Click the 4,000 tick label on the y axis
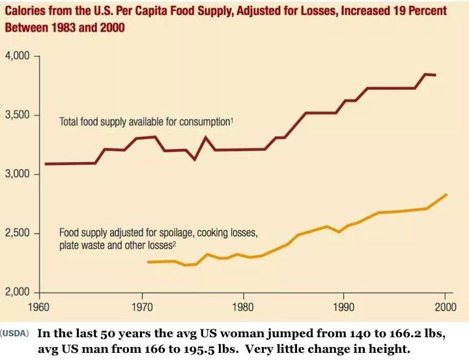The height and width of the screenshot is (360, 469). (x=18, y=57)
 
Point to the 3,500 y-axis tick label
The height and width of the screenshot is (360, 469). (x=18, y=115)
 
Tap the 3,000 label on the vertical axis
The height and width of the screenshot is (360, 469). (x=18, y=174)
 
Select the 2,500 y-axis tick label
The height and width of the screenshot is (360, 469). (x=18, y=234)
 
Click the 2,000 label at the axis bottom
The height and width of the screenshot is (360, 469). (x=18, y=292)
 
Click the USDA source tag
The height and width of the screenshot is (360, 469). (x=16, y=333)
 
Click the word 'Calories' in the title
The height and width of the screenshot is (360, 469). (x=26, y=12)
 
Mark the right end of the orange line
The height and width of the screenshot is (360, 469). (x=446, y=194)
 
